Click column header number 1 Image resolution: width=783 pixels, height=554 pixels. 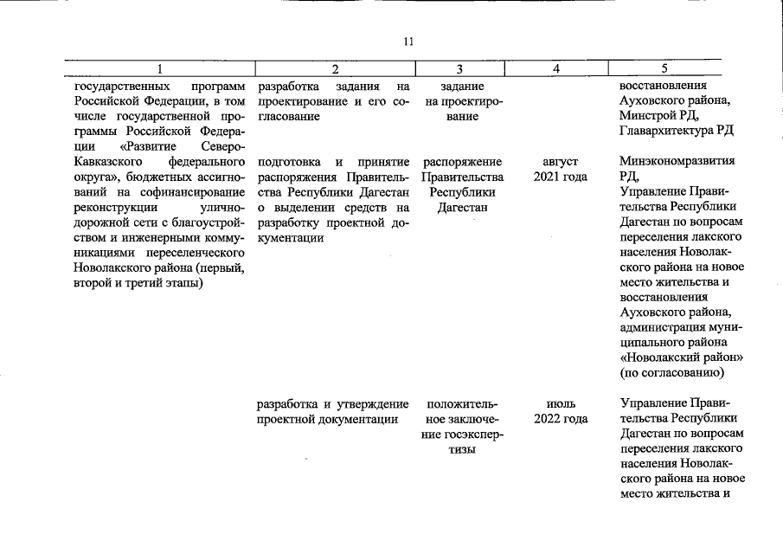(161, 68)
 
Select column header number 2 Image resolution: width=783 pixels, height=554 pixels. (335, 68)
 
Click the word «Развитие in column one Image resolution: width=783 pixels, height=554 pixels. (138, 146)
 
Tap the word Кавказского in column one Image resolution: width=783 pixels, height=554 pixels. (106, 162)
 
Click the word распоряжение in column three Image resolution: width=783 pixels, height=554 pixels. (462, 162)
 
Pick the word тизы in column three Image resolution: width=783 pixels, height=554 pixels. (462, 451)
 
